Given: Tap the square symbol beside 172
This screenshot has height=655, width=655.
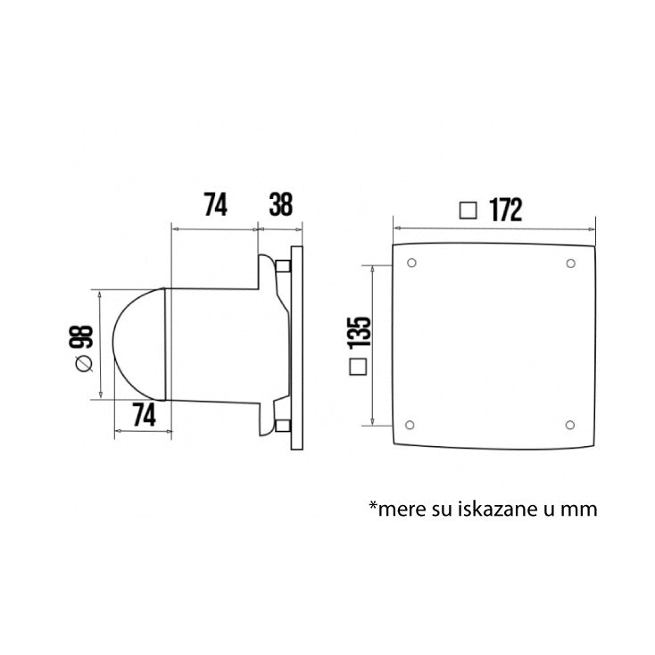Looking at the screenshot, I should pos(467,211).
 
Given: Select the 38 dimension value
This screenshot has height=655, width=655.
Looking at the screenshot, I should pos(280,204).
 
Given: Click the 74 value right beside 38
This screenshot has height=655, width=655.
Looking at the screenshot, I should pos(215,204).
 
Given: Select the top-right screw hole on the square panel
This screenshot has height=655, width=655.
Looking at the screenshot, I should pos(570,263).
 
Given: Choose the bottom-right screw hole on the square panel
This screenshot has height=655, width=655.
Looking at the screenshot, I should pos(570,424).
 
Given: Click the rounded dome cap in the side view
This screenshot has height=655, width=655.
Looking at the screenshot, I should pos(136,344).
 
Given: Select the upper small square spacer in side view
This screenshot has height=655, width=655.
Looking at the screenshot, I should pos(283,266).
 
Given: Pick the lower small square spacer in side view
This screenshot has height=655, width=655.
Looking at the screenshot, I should pos(283,426).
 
